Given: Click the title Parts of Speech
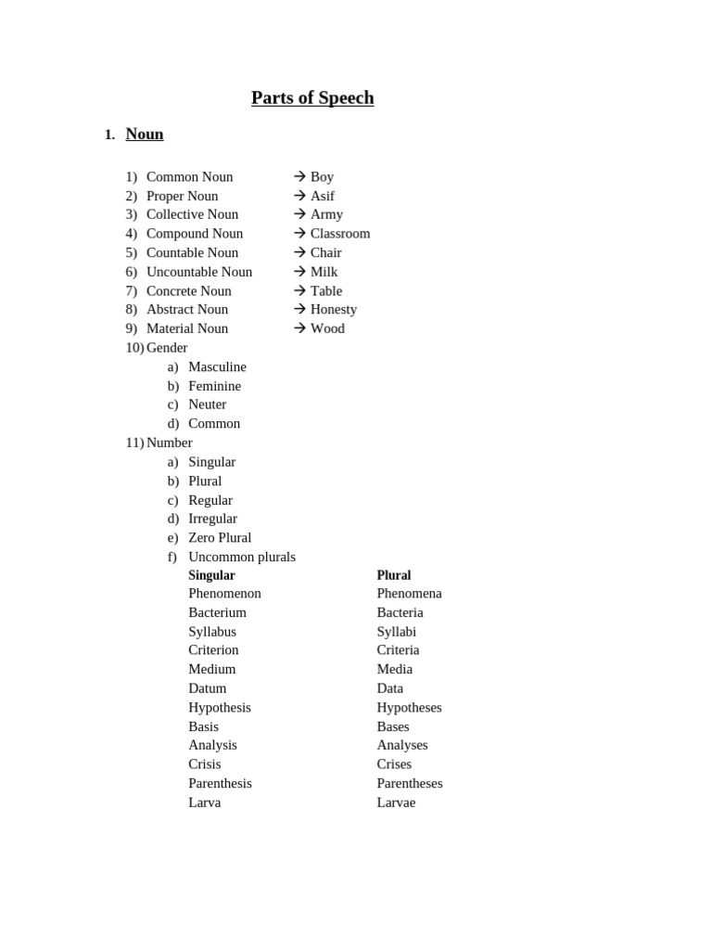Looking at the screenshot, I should pos(312,97).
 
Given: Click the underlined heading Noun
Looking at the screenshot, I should pos(145,134).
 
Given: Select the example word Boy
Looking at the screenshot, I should pos(322,176).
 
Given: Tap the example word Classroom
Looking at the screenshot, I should pos(340,233).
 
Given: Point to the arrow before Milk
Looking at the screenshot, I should pos(299,271).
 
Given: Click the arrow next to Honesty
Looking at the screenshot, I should pos(299,309).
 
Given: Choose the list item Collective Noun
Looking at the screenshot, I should pos(192,214).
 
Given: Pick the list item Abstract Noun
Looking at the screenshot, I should pos(187,309).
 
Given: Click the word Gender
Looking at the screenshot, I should pos(167,347).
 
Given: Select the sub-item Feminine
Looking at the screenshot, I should pos(214,385).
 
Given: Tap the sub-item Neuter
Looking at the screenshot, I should pos(207,404).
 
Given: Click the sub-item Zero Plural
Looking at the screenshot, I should pos(220,537).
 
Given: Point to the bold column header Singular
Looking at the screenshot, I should pos(211,575).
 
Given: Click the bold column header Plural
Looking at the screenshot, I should pos(394,575).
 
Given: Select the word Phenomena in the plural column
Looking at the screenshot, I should pos(409,593).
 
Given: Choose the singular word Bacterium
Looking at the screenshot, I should pos(217,612).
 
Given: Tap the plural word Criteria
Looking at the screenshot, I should pos(398,649).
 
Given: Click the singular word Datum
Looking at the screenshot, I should pos(207,688).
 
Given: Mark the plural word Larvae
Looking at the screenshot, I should pos(396,802).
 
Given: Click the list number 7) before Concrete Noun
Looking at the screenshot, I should pos(131,290).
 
